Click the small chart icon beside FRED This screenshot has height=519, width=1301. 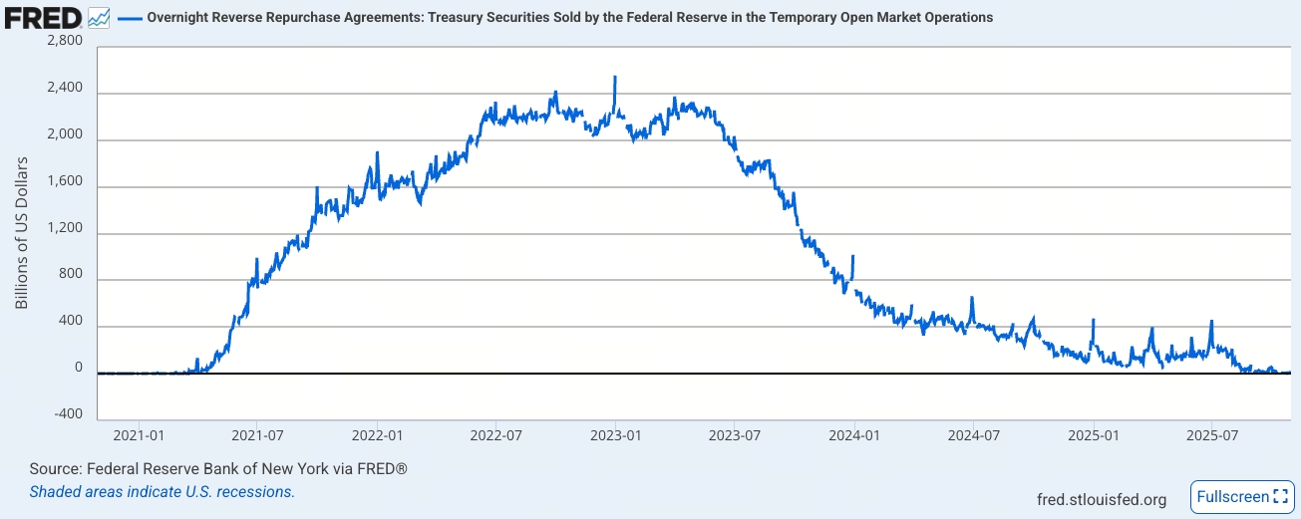point(99,17)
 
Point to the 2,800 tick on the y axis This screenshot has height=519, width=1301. point(65,42)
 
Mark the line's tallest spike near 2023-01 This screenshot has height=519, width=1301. point(615,77)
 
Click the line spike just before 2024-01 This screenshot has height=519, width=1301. point(853,257)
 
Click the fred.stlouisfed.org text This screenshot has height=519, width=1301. point(1102,498)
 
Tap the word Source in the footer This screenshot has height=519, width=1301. point(55,468)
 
